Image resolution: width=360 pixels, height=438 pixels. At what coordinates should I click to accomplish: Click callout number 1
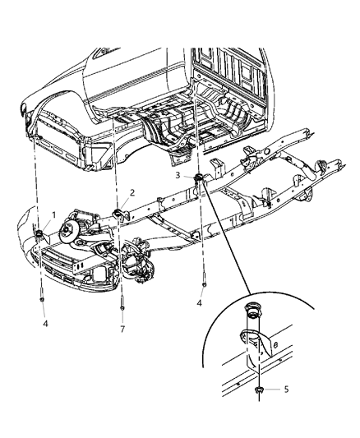pyautogui.click(x=54, y=215)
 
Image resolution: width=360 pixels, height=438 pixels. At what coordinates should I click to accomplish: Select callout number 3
pyautogui.click(x=178, y=175)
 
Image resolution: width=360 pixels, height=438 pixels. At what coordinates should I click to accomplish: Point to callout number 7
pyautogui.click(x=122, y=329)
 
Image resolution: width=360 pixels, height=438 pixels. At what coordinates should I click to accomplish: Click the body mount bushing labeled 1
pyautogui.click(x=39, y=238)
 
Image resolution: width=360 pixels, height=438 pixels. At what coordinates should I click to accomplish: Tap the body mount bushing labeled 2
pyautogui.click(x=119, y=214)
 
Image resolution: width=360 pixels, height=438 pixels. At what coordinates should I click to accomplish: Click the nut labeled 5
pyautogui.click(x=260, y=390)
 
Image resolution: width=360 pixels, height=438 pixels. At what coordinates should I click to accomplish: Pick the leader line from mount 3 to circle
pyautogui.click(x=230, y=238)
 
